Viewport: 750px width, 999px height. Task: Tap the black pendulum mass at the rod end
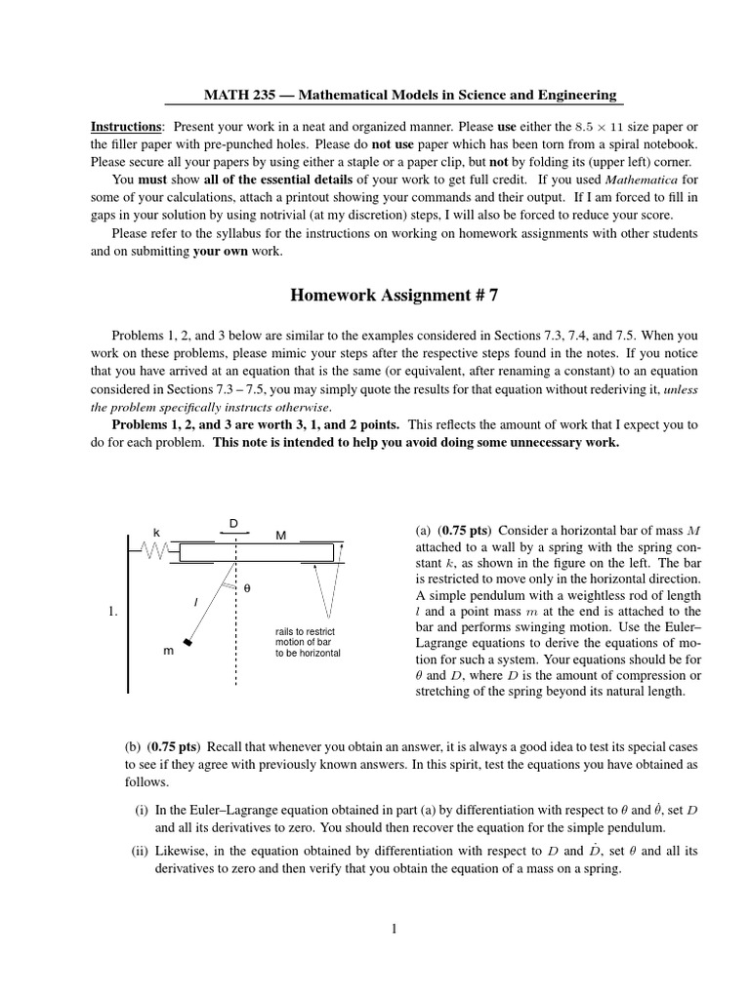tap(187, 642)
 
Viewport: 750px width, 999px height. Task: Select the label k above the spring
tap(156, 532)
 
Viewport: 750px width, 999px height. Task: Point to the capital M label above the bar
tap(280, 535)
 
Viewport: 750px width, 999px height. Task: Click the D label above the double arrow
tap(233, 524)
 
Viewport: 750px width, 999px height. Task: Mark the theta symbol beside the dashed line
tap(246, 589)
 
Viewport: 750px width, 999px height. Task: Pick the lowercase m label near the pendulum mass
tap(169, 651)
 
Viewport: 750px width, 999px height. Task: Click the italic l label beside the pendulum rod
tap(197, 603)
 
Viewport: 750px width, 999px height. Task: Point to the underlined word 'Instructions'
tap(126, 128)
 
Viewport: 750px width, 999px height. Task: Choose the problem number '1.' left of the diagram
tap(114, 612)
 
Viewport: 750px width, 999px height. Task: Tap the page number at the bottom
tap(394, 929)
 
